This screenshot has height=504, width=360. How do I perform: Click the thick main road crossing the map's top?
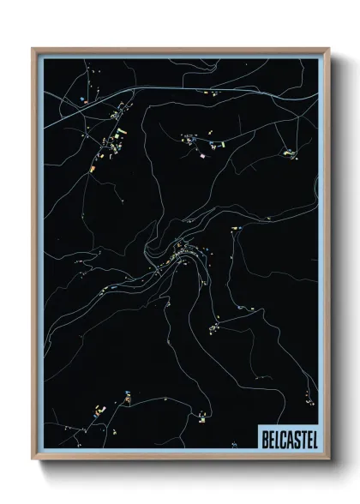[x=171, y=89]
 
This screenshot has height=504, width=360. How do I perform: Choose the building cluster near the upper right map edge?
[x=290, y=153]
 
